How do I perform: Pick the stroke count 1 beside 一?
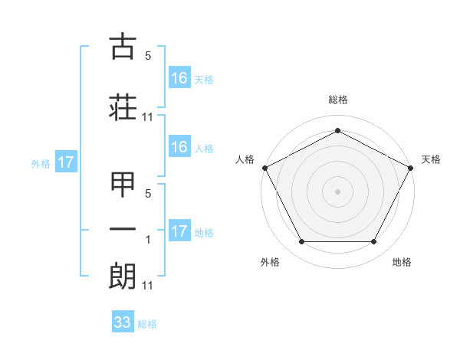pyautogui.click(x=149, y=240)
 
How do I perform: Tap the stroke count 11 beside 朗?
pyautogui.click(x=148, y=286)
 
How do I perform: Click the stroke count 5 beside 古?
pyautogui.click(x=148, y=56)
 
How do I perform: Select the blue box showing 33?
pyautogui.click(x=123, y=322)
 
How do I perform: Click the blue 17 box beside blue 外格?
pyautogui.click(x=65, y=162)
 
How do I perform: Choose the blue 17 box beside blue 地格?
pyautogui.click(x=179, y=231)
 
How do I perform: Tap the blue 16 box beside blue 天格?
pyautogui.click(x=179, y=77)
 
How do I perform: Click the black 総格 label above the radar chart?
pyautogui.click(x=337, y=100)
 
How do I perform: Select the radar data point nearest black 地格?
pyautogui.click(x=374, y=242)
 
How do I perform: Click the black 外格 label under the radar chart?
pyautogui.click(x=270, y=262)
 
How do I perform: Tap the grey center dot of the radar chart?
pyautogui.click(x=337, y=191)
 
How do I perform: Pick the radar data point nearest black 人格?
pyautogui.click(x=264, y=167)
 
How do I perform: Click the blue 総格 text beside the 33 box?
pyautogui.click(x=147, y=324)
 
